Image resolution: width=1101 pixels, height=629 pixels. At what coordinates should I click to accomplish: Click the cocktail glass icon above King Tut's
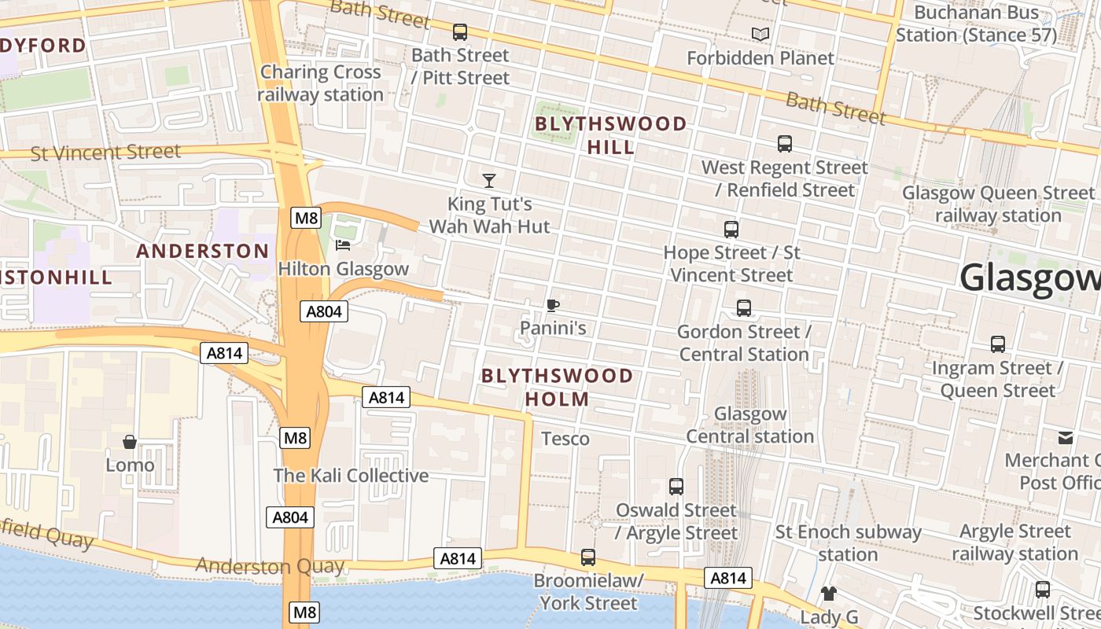(489, 181)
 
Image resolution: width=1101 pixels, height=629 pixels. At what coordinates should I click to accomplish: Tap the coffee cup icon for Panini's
(553, 305)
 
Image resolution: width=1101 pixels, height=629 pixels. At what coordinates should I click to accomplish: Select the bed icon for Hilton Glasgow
(343, 245)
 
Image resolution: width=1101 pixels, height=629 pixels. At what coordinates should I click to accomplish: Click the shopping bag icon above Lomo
(130, 442)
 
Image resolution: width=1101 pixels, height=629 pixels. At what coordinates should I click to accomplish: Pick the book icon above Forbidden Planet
(760, 34)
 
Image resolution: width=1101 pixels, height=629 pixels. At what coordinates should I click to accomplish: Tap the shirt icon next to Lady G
(828, 594)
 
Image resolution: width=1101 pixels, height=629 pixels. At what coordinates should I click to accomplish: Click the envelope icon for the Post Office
(1066, 438)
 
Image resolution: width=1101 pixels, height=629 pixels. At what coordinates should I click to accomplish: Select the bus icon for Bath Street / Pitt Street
(460, 32)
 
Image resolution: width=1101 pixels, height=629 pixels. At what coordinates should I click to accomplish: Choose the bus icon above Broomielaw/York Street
(587, 557)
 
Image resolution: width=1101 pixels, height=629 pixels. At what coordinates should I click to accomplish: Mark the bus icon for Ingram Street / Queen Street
(998, 344)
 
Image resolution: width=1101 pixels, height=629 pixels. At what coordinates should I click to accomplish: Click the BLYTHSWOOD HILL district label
(611, 135)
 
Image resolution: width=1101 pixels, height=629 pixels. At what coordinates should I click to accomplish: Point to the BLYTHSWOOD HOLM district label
(557, 387)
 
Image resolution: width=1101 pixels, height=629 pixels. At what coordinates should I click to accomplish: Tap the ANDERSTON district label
(203, 252)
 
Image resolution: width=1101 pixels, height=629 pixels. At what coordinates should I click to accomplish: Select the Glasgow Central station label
(750, 425)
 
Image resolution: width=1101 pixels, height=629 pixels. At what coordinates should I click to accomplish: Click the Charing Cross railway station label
(321, 83)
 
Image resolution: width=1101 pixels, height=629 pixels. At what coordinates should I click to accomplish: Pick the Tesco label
(565, 439)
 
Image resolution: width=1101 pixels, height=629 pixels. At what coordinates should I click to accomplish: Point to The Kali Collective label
(351, 476)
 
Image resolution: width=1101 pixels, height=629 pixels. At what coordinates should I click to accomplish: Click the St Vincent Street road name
(105, 153)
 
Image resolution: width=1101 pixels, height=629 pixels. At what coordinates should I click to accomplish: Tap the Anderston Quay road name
(270, 565)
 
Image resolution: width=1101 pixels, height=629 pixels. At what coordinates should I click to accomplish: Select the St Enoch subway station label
(848, 543)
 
